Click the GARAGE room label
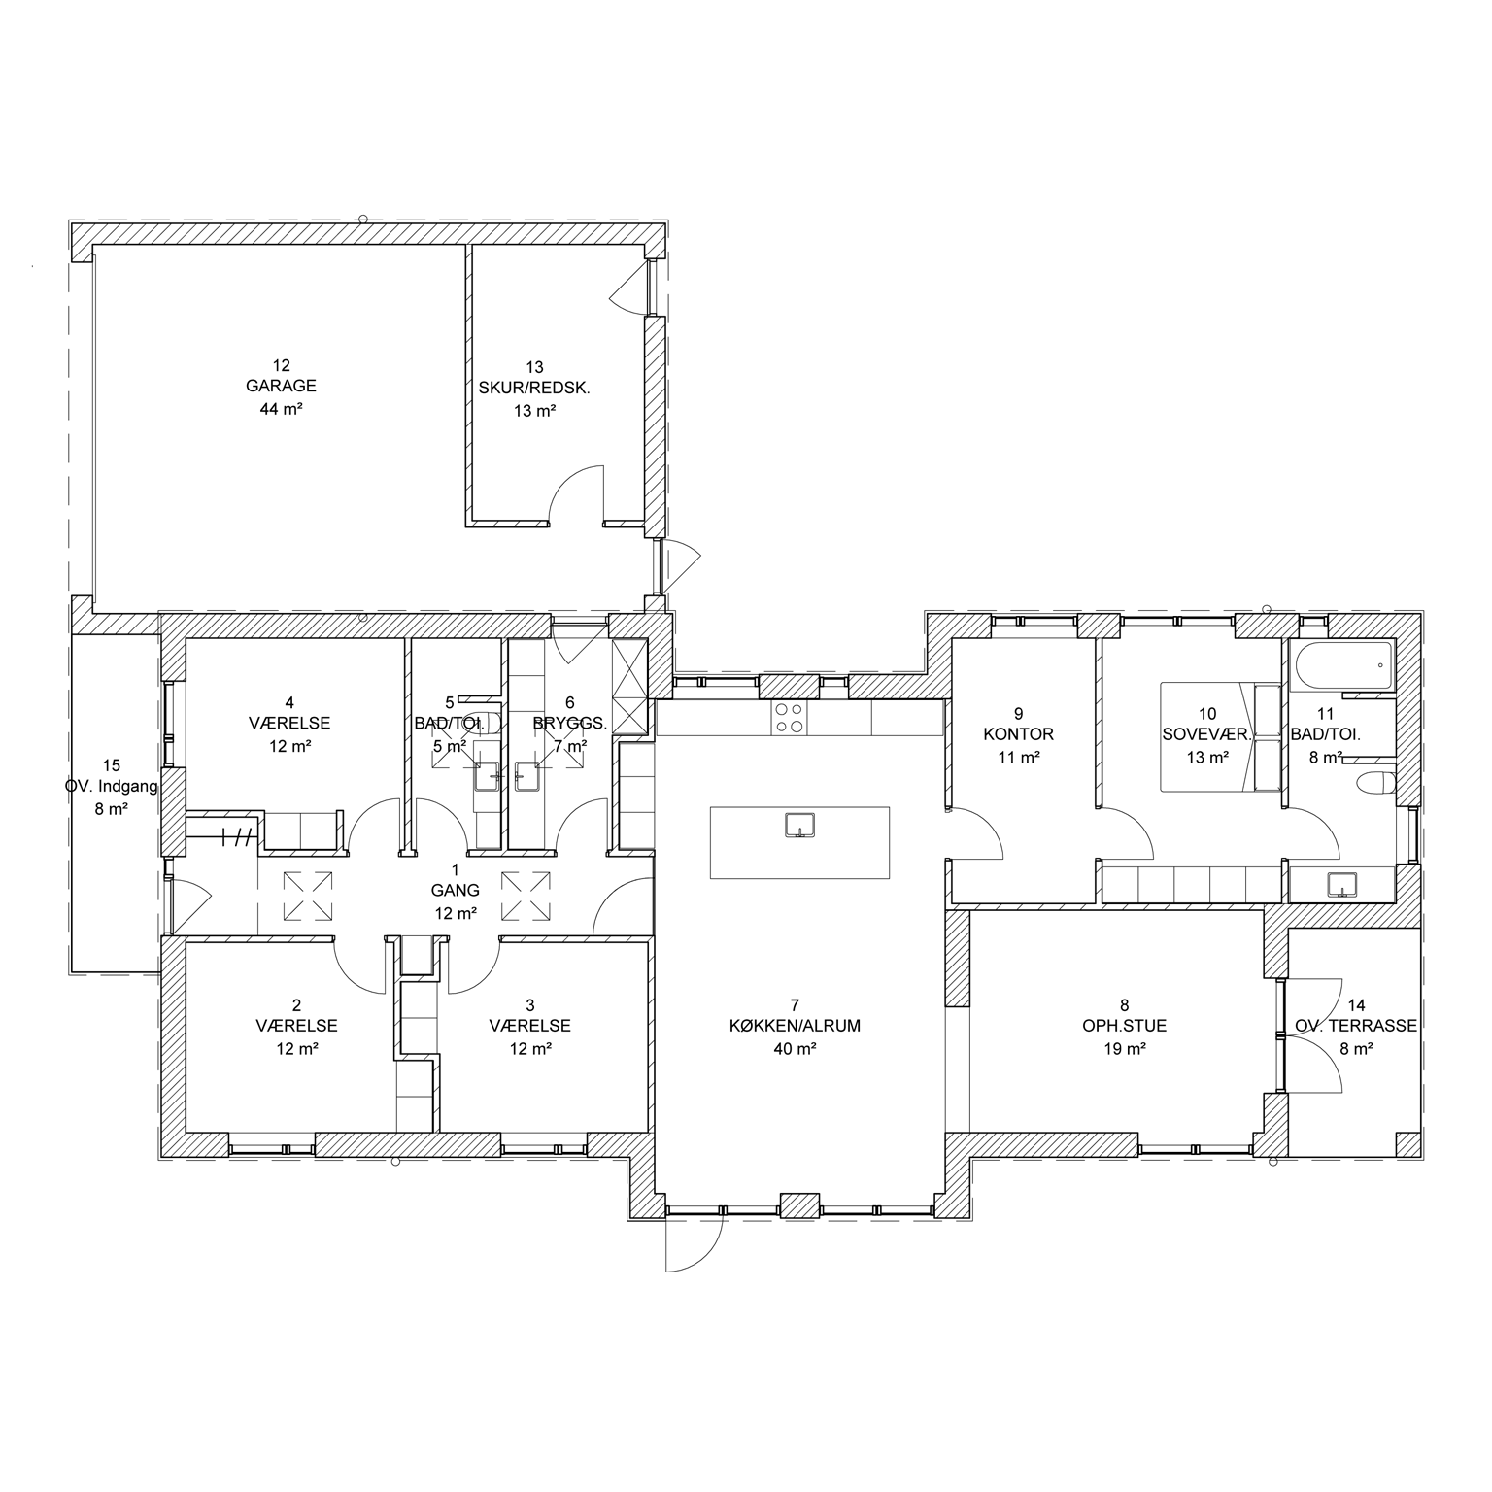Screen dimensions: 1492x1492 pyautogui.click(x=281, y=387)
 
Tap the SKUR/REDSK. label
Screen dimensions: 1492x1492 pyautogui.click(x=534, y=388)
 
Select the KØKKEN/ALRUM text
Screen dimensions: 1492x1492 pyautogui.click(x=797, y=1026)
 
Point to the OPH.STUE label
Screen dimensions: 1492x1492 pyautogui.click(x=1124, y=1026)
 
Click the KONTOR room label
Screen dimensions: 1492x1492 pyautogui.click(x=1018, y=734)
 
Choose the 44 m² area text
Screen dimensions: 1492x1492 pyautogui.click(x=281, y=409)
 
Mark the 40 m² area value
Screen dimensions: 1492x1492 pyautogui.click(x=796, y=1049)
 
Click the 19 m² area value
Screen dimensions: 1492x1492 pyautogui.click(x=1124, y=1049)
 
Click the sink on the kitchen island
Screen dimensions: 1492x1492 pyautogui.click(x=799, y=825)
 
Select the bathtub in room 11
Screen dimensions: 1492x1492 pyautogui.click(x=1343, y=665)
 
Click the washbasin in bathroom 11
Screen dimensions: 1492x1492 pyautogui.click(x=1341, y=885)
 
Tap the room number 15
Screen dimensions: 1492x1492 pyautogui.click(x=112, y=765)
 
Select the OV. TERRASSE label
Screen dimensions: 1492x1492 pyautogui.click(x=1356, y=1026)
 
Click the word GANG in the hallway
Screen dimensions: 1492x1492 pyautogui.click(x=456, y=890)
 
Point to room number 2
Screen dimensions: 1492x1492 pyautogui.click(x=297, y=1004)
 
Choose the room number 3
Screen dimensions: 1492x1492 pyautogui.click(x=529, y=1004)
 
